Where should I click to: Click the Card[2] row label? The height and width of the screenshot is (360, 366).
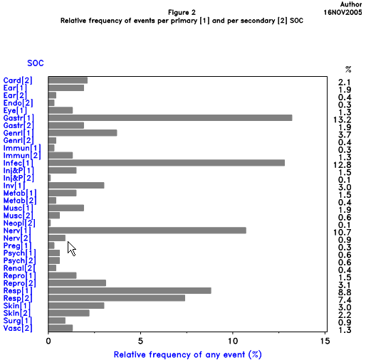click(x=18, y=80)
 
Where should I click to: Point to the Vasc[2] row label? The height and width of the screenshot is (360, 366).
click(x=18, y=328)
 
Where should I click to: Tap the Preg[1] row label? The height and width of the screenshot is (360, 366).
click(x=18, y=245)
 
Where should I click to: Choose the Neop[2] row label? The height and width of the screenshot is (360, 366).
click(x=18, y=223)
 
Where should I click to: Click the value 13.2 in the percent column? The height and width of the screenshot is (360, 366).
click(x=345, y=117)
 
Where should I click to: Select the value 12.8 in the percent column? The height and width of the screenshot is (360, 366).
click(x=345, y=163)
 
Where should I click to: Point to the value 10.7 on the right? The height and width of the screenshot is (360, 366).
click(x=345, y=231)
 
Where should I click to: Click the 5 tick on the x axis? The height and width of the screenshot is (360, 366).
click(x=140, y=341)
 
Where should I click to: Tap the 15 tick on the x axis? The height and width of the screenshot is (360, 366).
click(x=324, y=341)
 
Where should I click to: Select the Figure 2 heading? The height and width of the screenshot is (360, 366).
click(x=183, y=13)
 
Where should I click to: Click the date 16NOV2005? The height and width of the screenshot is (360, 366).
click(x=344, y=13)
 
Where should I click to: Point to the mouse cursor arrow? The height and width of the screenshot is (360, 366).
click(x=70, y=248)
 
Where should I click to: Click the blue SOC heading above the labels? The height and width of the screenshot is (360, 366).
click(x=36, y=63)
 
